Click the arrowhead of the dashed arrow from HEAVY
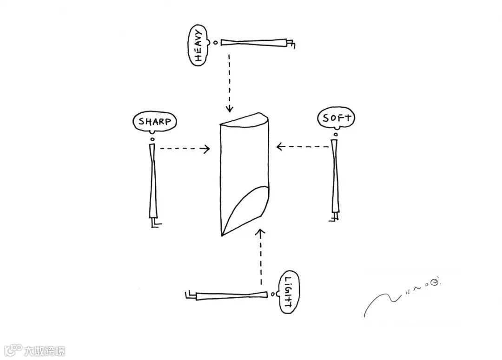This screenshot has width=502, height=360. click(x=229, y=110)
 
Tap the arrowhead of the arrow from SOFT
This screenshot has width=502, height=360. click(x=280, y=147)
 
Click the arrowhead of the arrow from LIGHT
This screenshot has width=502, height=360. click(x=261, y=231)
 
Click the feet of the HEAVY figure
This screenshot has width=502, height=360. click(x=291, y=44)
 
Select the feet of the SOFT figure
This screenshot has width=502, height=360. click(x=333, y=217)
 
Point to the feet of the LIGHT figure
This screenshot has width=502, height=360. click(x=190, y=295)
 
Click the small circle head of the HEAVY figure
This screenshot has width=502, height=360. click(x=215, y=43)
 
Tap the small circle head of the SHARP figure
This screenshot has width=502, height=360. click(x=152, y=139)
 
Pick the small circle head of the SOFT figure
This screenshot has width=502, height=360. click(x=335, y=135)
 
